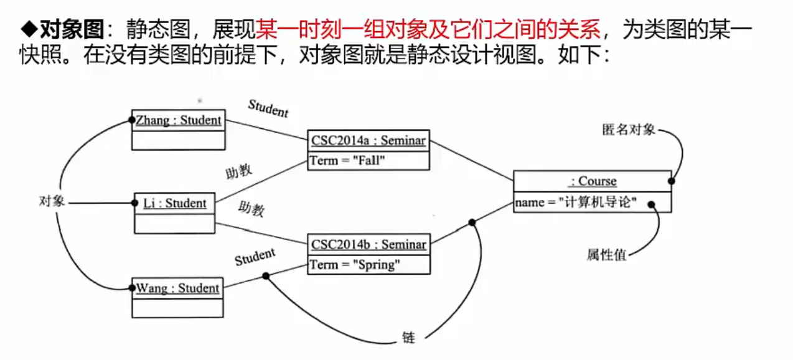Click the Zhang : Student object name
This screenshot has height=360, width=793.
(x=179, y=120)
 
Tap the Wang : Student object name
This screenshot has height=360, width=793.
(x=178, y=288)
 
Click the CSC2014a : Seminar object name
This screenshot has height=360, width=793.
(x=368, y=141)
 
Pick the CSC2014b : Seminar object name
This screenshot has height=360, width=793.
(x=369, y=244)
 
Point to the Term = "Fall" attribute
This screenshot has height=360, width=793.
(x=348, y=161)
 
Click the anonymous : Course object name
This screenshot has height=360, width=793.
(x=593, y=181)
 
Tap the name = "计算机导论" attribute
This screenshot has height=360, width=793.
(x=576, y=202)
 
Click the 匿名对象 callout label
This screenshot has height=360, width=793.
(x=628, y=130)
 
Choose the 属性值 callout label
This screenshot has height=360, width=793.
(x=606, y=255)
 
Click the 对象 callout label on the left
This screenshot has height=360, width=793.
(x=52, y=201)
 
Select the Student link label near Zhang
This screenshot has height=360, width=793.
(x=268, y=108)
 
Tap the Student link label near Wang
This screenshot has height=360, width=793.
(x=255, y=257)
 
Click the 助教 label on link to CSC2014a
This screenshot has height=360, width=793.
(x=239, y=171)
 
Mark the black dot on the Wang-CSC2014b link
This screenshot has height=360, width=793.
(x=266, y=275)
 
